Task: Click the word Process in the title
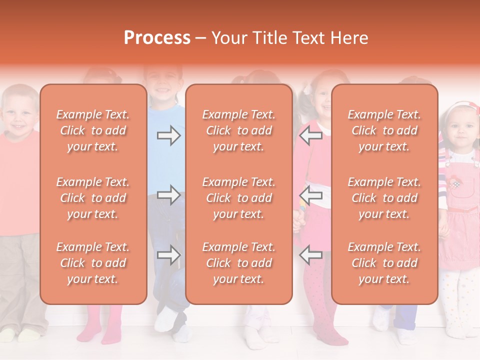(x=157, y=38)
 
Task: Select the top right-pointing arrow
(x=168, y=135)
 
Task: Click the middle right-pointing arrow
(x=168, y=195)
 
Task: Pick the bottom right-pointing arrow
(x=168, y=255)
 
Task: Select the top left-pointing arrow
(x=311, y=135)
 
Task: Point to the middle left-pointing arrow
(x=311, y=195)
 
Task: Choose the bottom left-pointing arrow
(x=311, y=255)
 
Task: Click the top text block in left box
(x=93, y=130)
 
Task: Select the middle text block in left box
(x=93, y=198)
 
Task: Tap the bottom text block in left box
(x=93, y=263)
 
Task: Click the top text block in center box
(x=239, y=130)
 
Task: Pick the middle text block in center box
(x=239, y=198)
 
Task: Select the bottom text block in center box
(x=239, y=263)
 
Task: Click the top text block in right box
(x=384, y=130)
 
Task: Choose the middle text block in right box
(x=384, y=198)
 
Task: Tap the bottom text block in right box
(x=384, y=263)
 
